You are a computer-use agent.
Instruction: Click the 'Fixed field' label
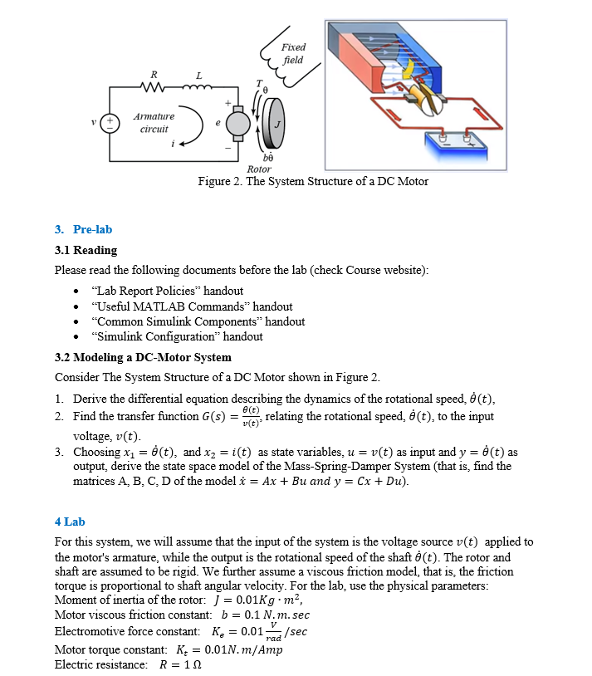pos(293,54)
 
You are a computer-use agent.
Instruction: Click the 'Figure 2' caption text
pos(313,182)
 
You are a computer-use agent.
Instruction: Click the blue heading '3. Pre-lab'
pos(83,229)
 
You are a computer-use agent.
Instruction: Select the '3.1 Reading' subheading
pos(86,250)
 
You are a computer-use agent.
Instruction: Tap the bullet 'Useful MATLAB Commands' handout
pos(193,306)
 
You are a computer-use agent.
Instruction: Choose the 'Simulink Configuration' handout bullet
pos(179,336)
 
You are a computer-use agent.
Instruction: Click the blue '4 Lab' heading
pos(70,522)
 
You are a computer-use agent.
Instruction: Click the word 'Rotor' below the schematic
pos(259,169)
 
